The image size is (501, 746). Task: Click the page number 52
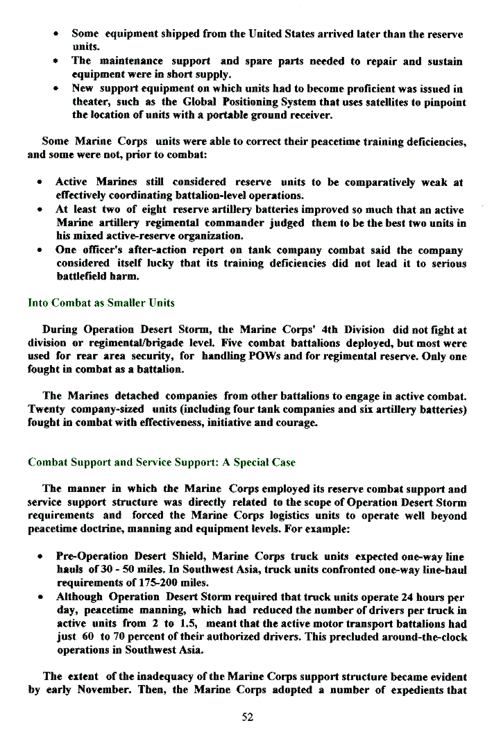click(x=248, y=718)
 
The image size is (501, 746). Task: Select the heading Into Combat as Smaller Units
click(x=101, y=303)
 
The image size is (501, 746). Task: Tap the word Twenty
click(x=47, y=409)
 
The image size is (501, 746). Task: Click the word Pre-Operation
click(x=92, y=557)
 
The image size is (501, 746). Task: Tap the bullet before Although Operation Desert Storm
click(x=42, y=597)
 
